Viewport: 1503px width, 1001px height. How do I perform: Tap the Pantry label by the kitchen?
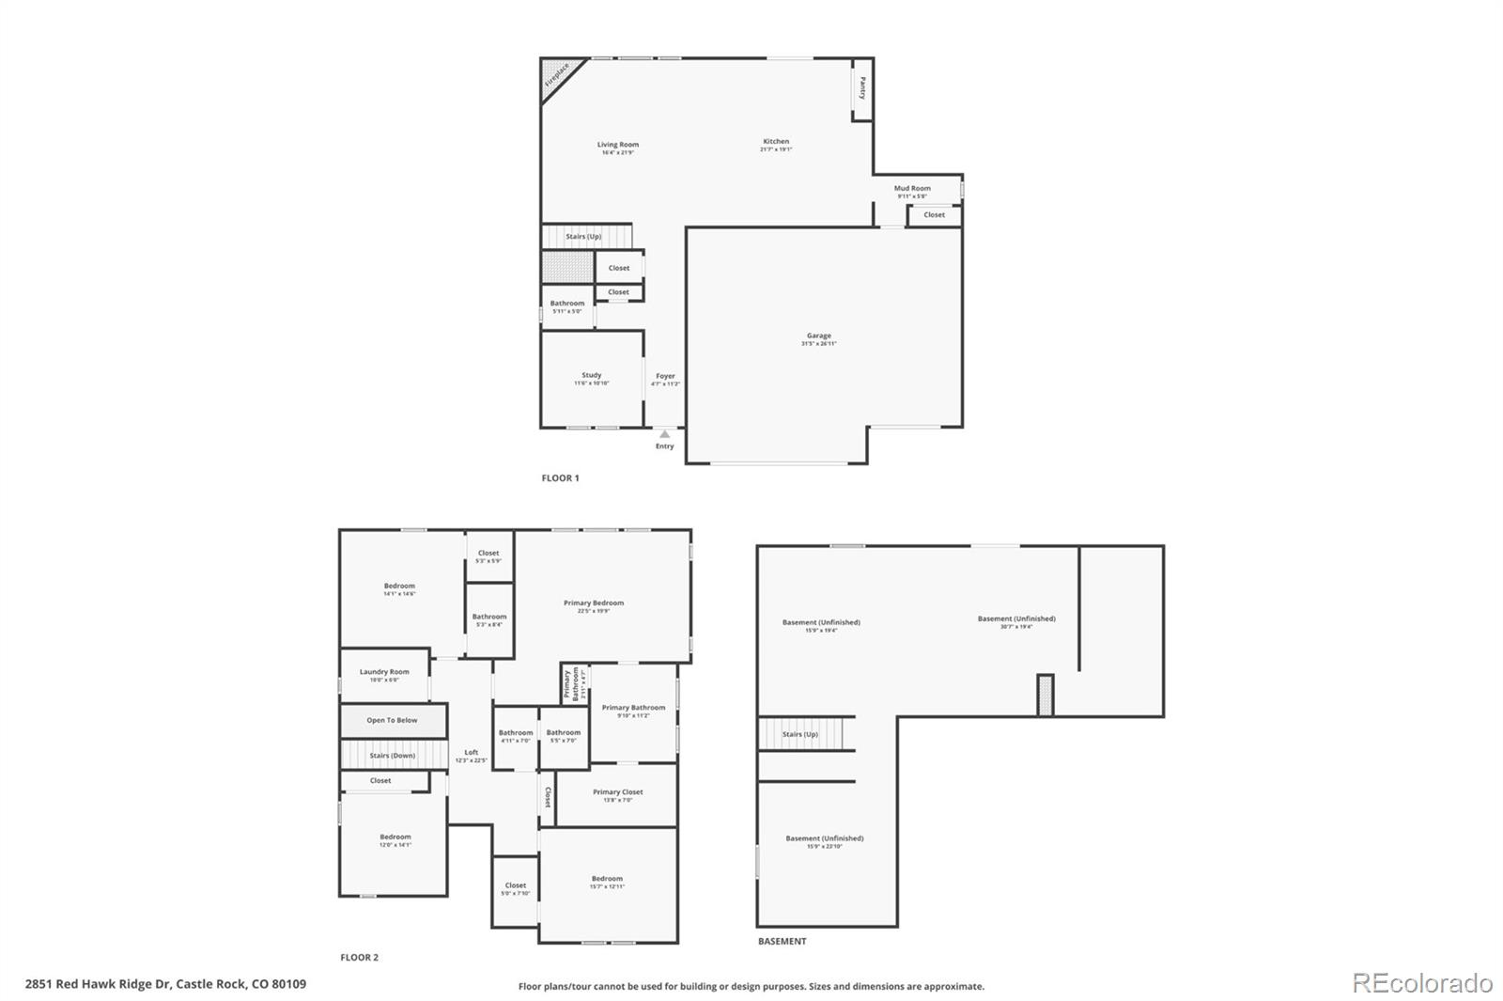click(x=862, y=88)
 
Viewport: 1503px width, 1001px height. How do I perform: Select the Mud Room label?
click(x=912, y=188)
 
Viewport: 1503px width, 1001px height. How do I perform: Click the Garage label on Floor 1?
click(x=818, y=336)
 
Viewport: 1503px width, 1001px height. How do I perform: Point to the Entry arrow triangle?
click(x=665, y=434)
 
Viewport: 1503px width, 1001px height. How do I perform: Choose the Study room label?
click(x=591, y=375)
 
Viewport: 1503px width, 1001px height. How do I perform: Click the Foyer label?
click(x=665, y=376)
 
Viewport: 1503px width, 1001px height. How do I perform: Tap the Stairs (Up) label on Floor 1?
click(x=583, y=237)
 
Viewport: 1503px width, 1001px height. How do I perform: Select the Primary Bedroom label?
click(x=593, y=603)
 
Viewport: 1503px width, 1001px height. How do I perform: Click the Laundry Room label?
click(x=384, y=672)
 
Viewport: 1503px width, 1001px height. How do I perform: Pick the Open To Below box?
click(x=392, y=720)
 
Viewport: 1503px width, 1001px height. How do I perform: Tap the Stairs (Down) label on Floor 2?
click(x=392, y=755)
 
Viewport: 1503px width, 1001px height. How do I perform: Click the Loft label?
click(x=472, y=752)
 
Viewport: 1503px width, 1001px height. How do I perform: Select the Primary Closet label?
click(x=617, y=792)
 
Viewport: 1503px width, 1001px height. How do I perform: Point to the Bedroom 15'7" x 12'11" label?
click(x=607, y=880)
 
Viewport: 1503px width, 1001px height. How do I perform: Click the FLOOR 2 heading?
click(x=359, y=958)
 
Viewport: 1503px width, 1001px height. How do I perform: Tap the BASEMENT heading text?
click(x=782, y=941)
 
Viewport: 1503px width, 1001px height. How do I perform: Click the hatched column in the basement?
click(x=1045, y=696)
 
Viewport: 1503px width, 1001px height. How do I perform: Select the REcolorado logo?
click(x=1421, y=983)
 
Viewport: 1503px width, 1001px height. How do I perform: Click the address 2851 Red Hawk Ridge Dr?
click(x=165, y=984)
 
